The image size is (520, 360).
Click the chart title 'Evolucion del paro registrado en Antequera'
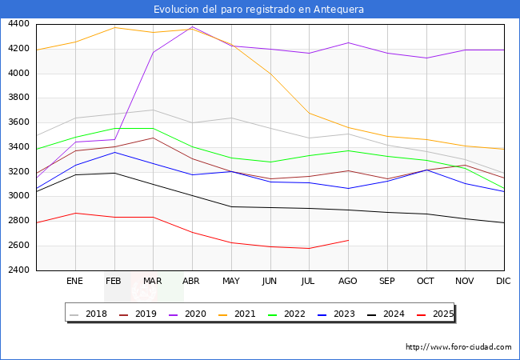[260, 10]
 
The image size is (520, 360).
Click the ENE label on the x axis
[75, 282]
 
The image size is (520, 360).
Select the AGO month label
[348, 282]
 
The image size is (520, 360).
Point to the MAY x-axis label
[231, 282]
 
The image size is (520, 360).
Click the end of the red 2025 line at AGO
[348, 240]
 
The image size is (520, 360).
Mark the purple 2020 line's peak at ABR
[192, 26]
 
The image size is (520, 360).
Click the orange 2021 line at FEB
[114, 27]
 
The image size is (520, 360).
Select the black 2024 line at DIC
[504, 222]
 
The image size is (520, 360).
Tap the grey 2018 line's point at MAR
[153, 110]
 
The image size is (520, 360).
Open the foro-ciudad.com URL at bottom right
[458, 347]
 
